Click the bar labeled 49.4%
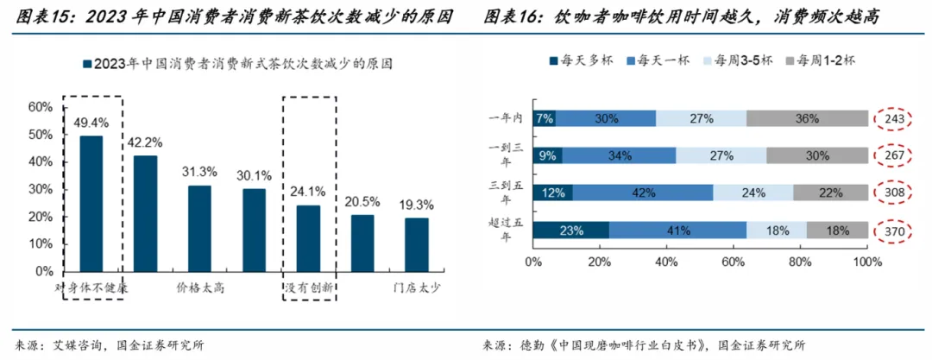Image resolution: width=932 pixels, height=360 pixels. pos(91,204)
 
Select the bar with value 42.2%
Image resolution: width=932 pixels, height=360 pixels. pos(145,213)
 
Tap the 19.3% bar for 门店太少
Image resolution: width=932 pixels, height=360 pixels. pos(417,244)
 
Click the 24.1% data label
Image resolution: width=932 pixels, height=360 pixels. pos(308,192)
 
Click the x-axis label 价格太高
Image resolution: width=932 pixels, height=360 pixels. pos(200,288)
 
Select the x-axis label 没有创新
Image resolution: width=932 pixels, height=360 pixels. pos(308,288)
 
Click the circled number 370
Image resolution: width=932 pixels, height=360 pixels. pos(893,231)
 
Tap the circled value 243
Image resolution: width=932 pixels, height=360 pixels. pos(893,119)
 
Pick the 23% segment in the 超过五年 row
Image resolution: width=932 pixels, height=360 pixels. pos(570,231)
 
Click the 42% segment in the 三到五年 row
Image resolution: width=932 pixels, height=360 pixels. pos(643,193)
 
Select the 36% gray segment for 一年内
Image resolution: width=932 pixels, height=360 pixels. pos(807,118)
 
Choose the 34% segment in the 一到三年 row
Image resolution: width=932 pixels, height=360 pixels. pos(620,155)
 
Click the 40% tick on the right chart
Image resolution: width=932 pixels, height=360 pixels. pos(667,262)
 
